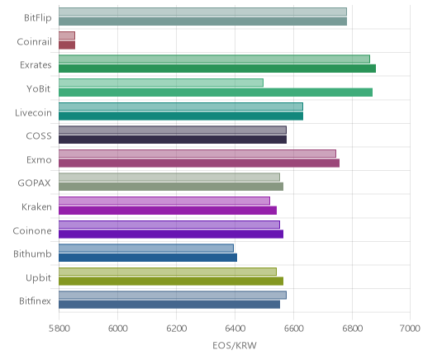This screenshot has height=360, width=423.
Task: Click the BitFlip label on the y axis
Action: click(x=38, y=18)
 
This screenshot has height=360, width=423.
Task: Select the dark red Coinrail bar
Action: click(x=67, y=45)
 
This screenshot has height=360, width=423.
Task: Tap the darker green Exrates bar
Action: click(x=217, y=69)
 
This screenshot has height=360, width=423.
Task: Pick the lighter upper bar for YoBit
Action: click(x=161, y=83)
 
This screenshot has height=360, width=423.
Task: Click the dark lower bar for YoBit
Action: click(x=216, y=92)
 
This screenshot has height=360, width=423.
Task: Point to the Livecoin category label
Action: click(x=33, y=113)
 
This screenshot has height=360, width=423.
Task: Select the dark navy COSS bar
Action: click(x=173, y=140)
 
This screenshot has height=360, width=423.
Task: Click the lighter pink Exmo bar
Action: click(x=197, y=154)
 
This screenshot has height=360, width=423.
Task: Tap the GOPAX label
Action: click(x=34, y=183)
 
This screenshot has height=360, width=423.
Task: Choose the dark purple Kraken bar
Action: click(x=168, y=211)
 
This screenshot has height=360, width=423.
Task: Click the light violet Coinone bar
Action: click(x=169, y=225)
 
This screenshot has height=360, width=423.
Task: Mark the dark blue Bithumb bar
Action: click(x=148, y=258)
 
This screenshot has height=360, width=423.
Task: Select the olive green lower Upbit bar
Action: click(x=171, y=282)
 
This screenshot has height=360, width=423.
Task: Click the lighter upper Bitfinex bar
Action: click(x=173, y=296)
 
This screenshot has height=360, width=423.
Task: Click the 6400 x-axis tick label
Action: click(x=235, y=329)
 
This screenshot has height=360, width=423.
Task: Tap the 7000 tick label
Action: click(x=411, y=329)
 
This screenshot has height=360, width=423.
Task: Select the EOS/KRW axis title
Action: click(x=235, y=345)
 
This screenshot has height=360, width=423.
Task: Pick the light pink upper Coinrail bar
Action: click(x=67, y=36)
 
